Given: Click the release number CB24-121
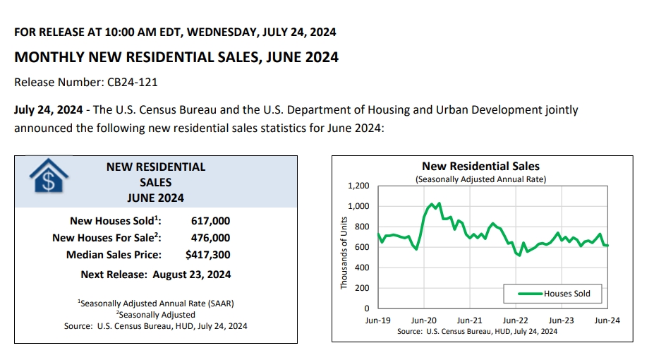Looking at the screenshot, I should (x=132, y=82).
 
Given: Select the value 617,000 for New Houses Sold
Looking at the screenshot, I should (x=210, y=221).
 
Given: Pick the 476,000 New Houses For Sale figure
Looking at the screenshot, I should (x=210, y=238).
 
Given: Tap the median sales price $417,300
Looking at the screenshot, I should (x=207, y=255).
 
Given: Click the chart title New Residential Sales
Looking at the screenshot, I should (x=480, y=167).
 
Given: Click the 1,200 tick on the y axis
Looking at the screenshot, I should (x=358, y=186).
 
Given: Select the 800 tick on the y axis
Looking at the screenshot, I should (x=362, y=227).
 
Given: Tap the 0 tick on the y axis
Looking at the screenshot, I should (x=367, y=308).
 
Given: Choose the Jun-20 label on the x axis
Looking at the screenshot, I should (x=423, y=320).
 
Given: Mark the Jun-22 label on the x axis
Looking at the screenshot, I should (x=516, y=320).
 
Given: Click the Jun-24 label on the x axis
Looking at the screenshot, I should (x=607, y=320).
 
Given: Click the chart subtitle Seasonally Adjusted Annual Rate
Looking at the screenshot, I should (x=480, y=179).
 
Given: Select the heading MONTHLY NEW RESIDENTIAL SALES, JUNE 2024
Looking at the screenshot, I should (x=176, y=57).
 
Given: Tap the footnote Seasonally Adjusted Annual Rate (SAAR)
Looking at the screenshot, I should (x=156, y=303).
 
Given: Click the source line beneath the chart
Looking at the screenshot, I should (x=477, y=330).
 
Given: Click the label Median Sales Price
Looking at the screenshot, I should (x=114, y=255).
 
